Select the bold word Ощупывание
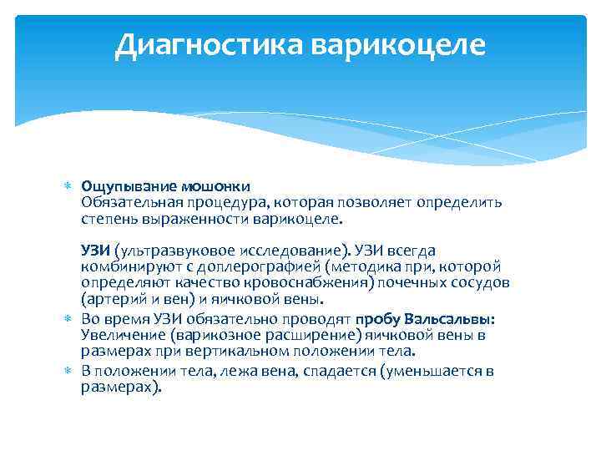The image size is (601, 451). click(x=121, y=185)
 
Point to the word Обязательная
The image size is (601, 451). click(x=124, y=201)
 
